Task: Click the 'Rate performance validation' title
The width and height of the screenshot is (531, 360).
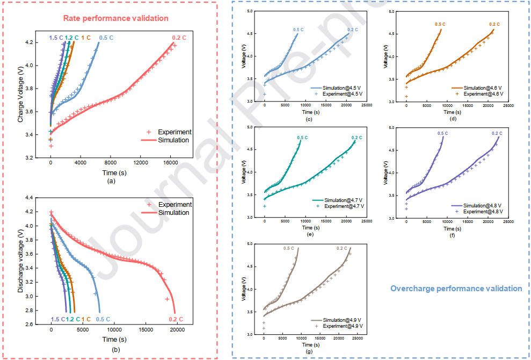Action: coord(116,18)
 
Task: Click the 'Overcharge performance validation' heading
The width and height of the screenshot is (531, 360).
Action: coord(456,289)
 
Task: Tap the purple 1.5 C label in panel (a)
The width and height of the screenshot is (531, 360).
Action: coord(56,38)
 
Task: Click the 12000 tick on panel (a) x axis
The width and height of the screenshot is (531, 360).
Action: coord(141,163)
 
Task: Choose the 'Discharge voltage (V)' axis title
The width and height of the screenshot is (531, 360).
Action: coord(20,261)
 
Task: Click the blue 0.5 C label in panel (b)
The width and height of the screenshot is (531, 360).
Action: coord(103,319)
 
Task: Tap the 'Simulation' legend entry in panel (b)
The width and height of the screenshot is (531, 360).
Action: coord(174,213)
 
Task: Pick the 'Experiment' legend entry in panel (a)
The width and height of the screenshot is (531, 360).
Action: coord(174,132)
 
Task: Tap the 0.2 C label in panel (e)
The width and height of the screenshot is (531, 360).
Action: coord(357,138)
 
